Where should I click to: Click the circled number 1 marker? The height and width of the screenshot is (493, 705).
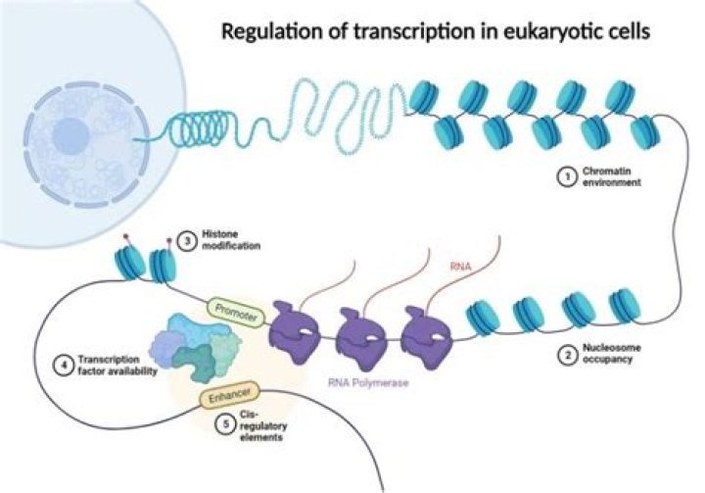tap(564, 177)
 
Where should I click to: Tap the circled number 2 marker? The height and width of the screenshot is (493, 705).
tap(564, 356)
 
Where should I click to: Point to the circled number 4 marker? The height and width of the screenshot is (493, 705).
tap(62, 367)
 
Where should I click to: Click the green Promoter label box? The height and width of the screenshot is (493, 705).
tap(234, 309)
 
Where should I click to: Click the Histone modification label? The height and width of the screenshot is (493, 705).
tap(232, 241)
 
